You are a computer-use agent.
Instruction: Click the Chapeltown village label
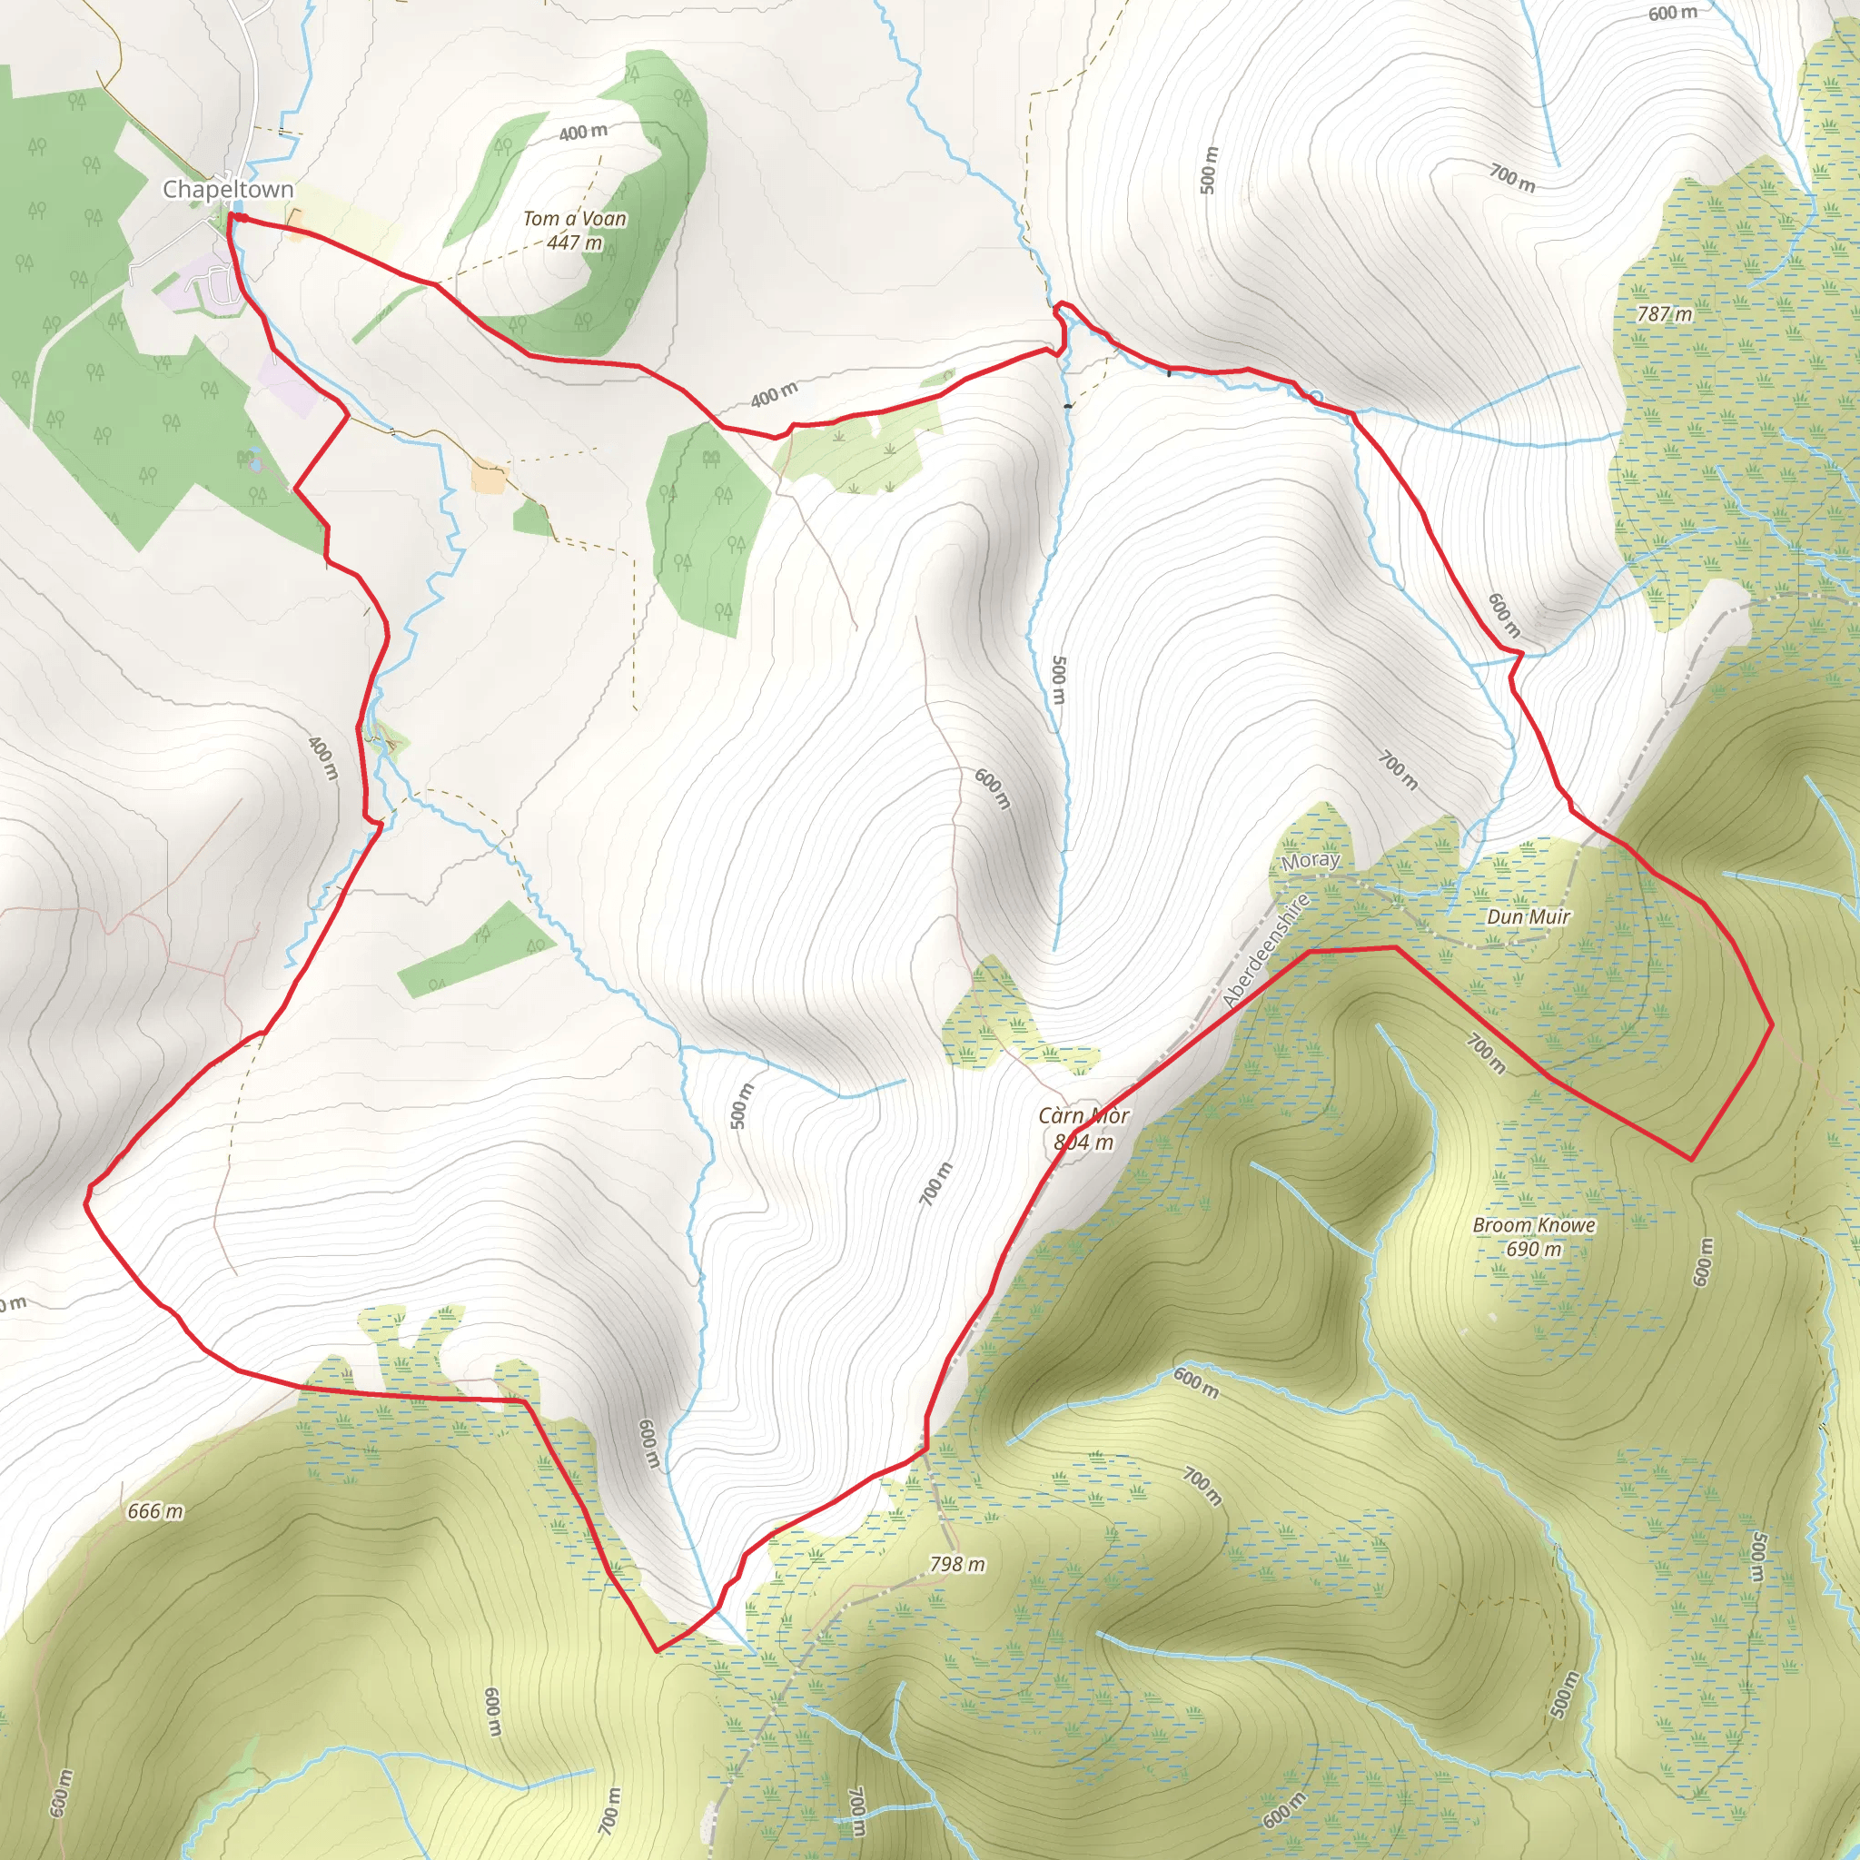(x=227, y=189)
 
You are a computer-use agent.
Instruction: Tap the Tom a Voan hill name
(x=574, y=219)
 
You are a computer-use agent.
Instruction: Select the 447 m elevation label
(x=574, y=242)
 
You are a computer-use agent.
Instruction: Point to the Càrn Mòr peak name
(x=1083, y=1116)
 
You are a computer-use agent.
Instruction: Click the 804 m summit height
(x=1083, y=1142)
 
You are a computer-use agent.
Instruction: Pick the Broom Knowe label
(x=1534, y=1225)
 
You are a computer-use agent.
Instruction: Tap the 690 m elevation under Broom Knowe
(x=1534, y=1250)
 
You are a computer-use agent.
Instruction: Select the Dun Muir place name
(x=1528, y=916)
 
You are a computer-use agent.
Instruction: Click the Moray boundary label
(x=1310, y=860)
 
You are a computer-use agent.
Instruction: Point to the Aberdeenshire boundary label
(x=1266, y=951)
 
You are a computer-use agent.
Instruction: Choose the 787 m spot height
(x=1665, y=314)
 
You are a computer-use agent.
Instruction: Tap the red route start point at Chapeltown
(x=232, y=220)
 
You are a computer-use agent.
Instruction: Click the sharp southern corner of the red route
(x=657, y=1651)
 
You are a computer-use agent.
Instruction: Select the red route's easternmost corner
(x=1771, y=1024)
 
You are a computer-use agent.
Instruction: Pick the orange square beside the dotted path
(x=488, y=479)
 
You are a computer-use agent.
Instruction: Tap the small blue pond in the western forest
(x=254, y=464)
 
